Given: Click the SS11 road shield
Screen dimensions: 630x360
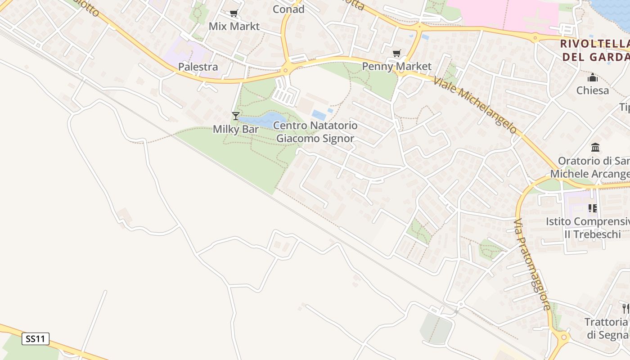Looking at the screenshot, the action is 36,339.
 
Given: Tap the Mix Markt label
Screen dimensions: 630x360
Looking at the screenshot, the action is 234,26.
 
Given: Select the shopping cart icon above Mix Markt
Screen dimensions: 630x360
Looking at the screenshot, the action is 234,13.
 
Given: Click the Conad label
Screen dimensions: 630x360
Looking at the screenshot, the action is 288,9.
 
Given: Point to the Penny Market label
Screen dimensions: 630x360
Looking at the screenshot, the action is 396,66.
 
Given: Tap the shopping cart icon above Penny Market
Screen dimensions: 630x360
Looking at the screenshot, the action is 396,54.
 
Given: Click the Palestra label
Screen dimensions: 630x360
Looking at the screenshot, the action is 198,67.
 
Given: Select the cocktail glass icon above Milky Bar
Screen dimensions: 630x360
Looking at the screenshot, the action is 235,116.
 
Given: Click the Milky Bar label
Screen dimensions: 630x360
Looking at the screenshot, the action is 236,129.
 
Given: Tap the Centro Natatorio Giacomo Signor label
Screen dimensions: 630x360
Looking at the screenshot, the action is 315,132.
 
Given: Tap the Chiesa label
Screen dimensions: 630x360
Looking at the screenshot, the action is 593,90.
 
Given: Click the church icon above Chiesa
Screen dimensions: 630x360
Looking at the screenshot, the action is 593,78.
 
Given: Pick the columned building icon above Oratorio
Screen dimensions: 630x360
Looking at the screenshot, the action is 596,148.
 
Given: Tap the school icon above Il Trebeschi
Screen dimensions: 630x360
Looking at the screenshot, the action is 593,208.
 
